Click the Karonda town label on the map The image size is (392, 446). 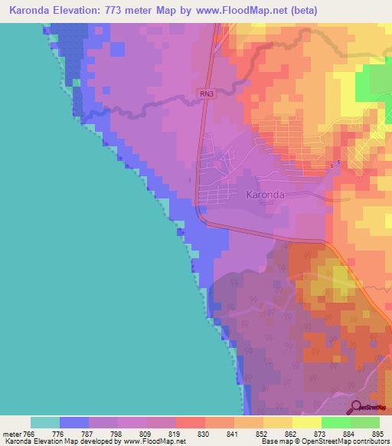266,195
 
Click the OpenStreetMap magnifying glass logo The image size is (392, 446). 357,408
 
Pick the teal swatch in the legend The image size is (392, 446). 45,422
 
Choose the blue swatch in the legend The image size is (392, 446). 74,422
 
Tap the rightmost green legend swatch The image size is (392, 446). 365,422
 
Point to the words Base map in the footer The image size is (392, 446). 273,441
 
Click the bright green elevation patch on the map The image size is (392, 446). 375,85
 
